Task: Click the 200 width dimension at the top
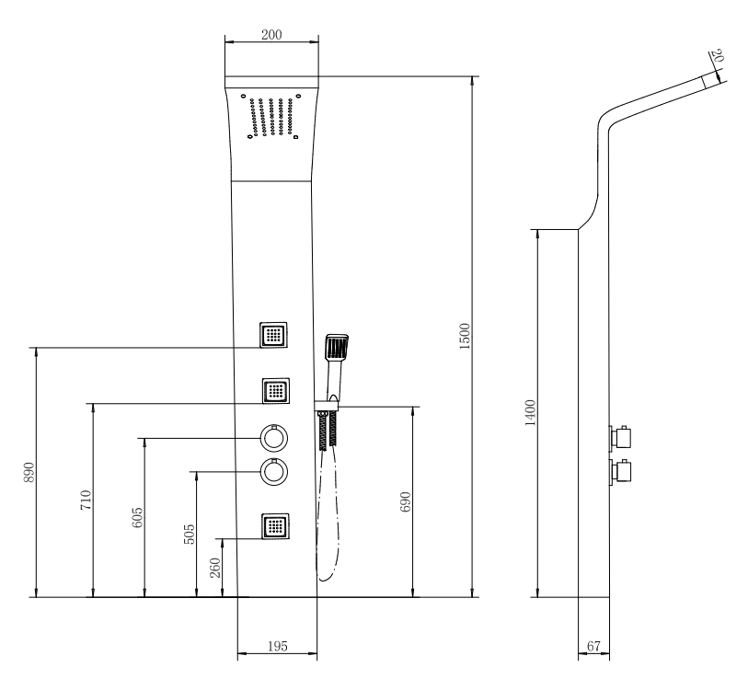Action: [271, 35]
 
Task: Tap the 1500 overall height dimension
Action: [465, 336]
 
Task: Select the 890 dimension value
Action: [29, 472]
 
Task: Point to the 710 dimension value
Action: [86, 501]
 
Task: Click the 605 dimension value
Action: [136, 517]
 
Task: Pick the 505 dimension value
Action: [189, 534]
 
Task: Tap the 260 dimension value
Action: [215, 568]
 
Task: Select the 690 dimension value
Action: [405, 501]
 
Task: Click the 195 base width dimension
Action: [278, 646]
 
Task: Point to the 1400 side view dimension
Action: [530, 413]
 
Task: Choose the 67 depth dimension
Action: [593, 646]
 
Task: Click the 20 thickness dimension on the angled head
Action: [717, 56]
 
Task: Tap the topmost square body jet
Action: [273, 335]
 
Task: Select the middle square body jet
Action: [276, 391]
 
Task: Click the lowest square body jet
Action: [275, 526]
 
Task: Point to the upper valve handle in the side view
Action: [621, 438]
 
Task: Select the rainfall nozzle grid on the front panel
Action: [271, 117]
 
